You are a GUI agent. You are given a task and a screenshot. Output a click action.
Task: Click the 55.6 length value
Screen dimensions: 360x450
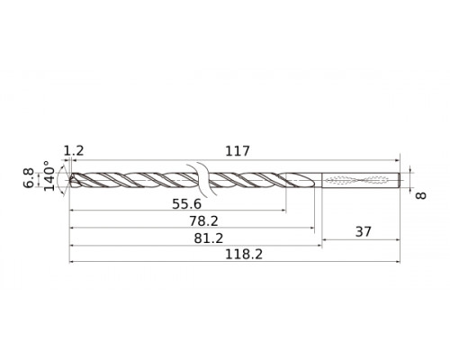click(187, 204)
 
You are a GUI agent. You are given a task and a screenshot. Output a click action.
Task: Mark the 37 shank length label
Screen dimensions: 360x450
click(361, 231)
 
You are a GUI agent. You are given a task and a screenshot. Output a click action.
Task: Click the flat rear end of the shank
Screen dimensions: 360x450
click(400, 178)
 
